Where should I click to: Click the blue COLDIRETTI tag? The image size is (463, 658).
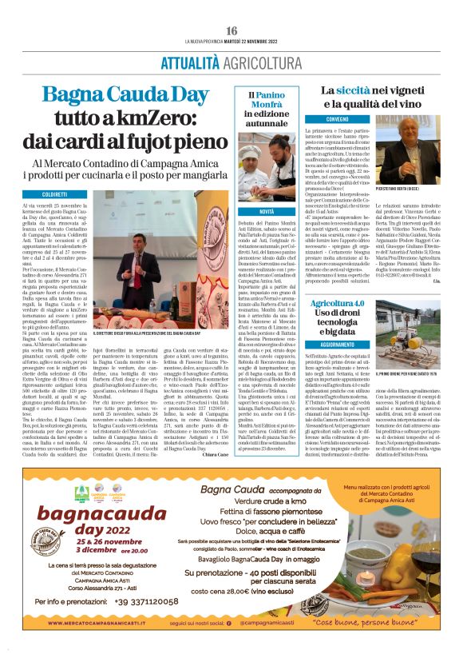(54, 194)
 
